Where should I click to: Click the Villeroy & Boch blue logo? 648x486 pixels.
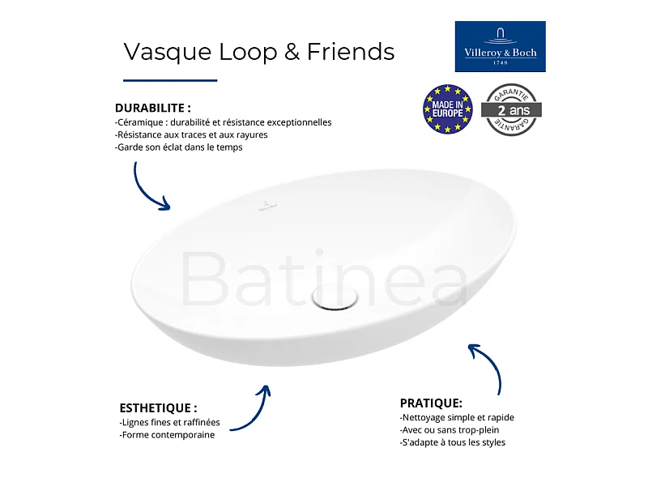[500, 46]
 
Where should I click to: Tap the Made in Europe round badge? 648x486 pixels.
[448, 109]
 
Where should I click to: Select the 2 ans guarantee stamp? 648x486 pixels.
[511, 109]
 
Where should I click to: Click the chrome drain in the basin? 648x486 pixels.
[335, 296]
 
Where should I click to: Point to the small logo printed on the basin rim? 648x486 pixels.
[267, 207]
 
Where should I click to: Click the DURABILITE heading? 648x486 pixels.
[153, 108]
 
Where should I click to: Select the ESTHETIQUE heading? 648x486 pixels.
[158, 408]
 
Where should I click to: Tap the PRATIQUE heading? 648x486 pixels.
[431, 403]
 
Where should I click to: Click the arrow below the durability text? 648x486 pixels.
[146, 191]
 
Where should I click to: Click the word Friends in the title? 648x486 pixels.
[351, 52]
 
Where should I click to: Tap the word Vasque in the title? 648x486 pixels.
[168, 53]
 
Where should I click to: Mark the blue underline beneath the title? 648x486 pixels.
[170, 80]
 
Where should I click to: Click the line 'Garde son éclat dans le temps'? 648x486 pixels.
[178, 147]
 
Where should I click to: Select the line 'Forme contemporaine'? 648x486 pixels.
[167, 435]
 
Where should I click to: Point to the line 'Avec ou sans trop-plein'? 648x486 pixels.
[450, 430]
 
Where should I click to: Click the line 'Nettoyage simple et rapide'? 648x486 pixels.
[457, 417]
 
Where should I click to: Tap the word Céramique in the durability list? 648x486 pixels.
[140, 123]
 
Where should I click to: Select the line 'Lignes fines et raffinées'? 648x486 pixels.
[169, 422]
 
